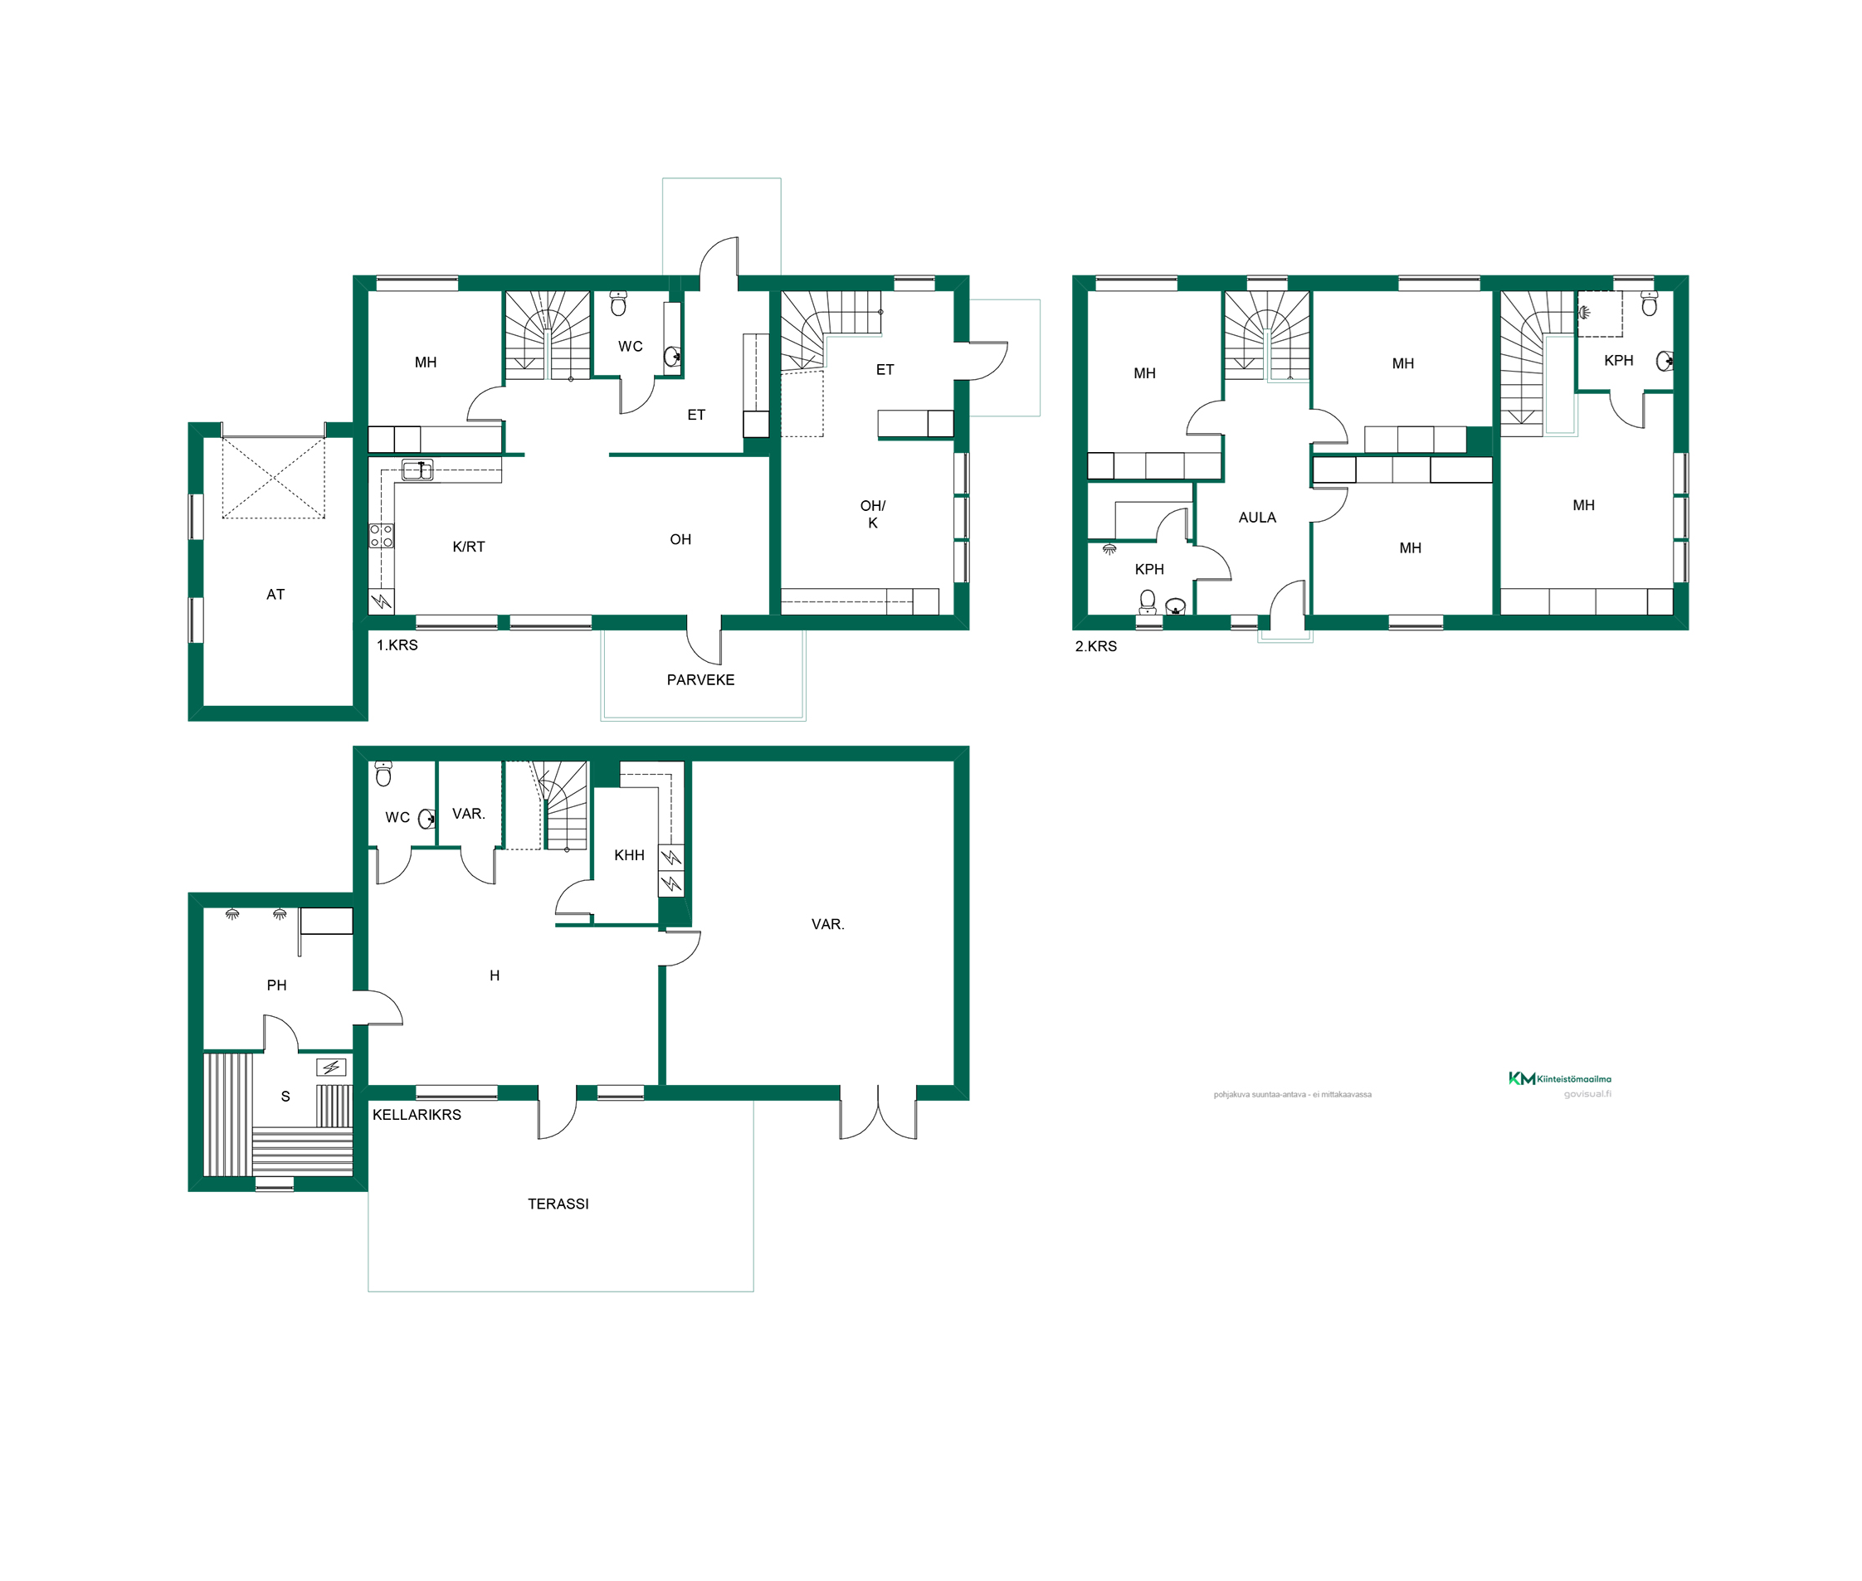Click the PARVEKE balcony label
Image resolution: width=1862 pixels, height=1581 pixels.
pos(700,680)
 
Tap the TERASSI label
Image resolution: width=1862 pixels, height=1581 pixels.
pos(558,1204)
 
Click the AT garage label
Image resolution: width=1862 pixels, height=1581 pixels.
pos(275,594)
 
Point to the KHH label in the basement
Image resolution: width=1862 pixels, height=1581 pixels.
pos(629,855)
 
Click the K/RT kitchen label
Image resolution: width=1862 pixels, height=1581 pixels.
pos(468,547)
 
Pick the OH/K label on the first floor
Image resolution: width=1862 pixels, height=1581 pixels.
pos(872,514)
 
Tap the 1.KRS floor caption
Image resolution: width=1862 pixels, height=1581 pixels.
pos(397,645)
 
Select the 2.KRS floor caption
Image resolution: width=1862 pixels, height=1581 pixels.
pos(1095,646)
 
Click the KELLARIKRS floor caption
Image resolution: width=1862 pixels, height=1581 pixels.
pos(417,1115)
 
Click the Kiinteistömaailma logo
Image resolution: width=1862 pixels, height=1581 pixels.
pos(1559,1078)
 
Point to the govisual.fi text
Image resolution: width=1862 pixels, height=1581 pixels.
pos(1587,1093)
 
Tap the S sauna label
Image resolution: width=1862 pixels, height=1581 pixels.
pos(285,1096)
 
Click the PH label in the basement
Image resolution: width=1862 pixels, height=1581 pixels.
pos(276,985)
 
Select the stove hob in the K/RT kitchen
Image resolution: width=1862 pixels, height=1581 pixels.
pos(381,536)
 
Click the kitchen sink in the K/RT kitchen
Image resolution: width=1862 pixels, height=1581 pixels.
pos(417,469)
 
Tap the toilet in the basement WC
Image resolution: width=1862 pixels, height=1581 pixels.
pos(383,773)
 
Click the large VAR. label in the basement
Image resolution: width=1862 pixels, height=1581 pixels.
pos(827,924)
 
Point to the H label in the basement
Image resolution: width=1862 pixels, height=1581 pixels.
pos(494,975)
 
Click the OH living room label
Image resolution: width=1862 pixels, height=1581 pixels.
pos(680,539)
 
